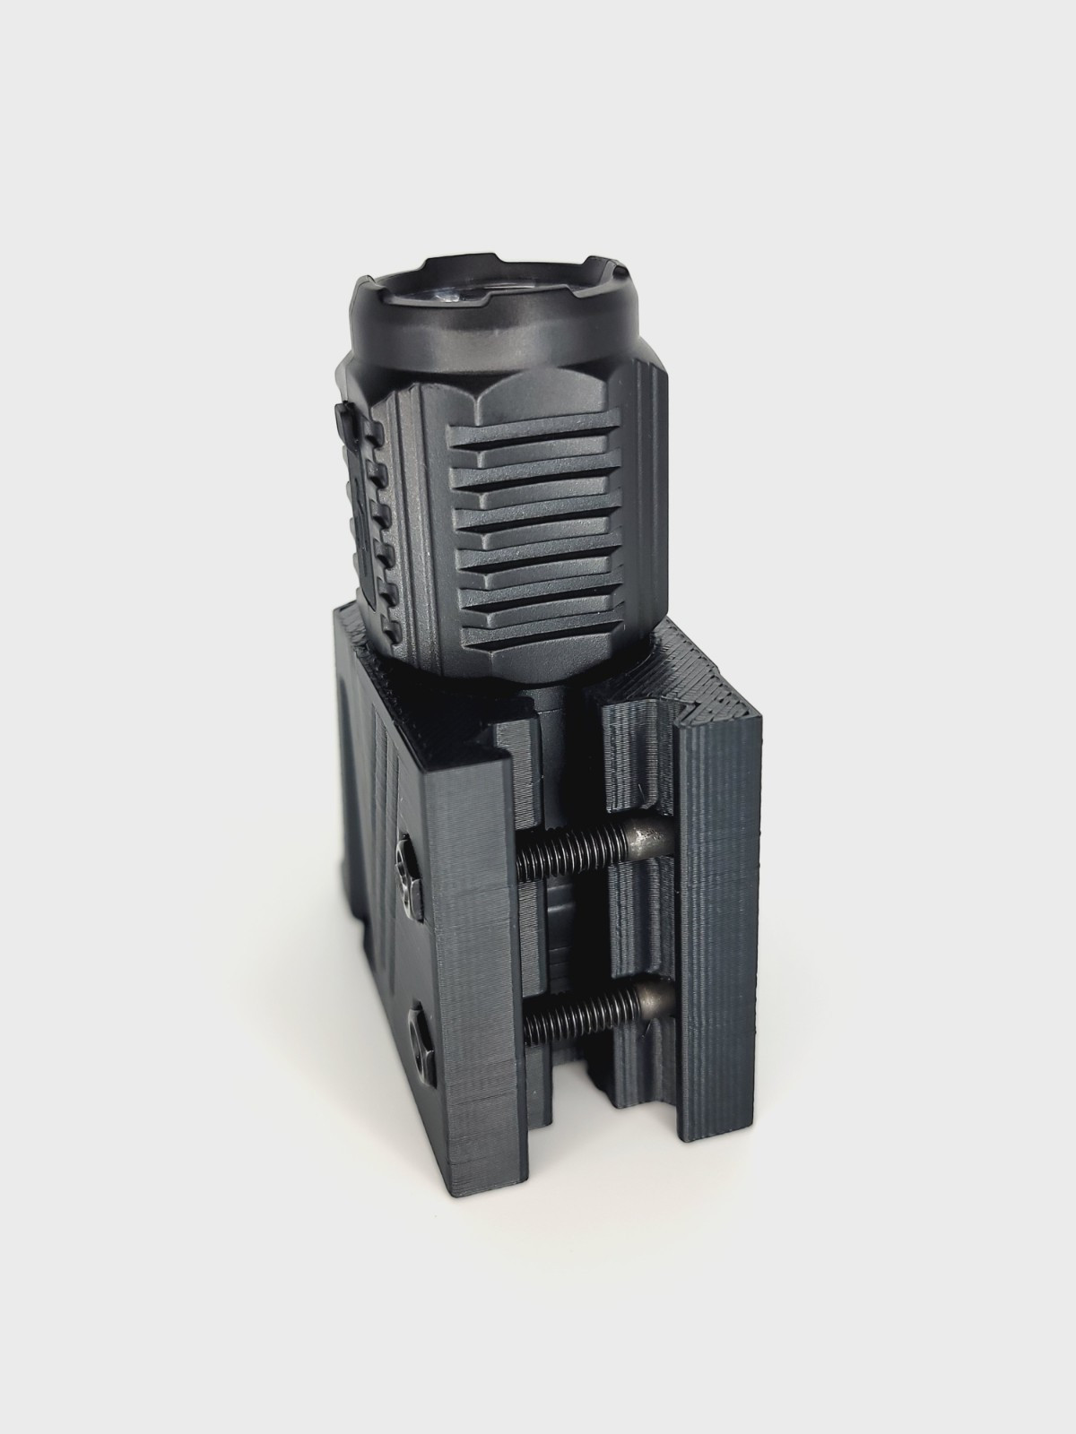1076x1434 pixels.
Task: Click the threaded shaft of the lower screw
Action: (574, 1013)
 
